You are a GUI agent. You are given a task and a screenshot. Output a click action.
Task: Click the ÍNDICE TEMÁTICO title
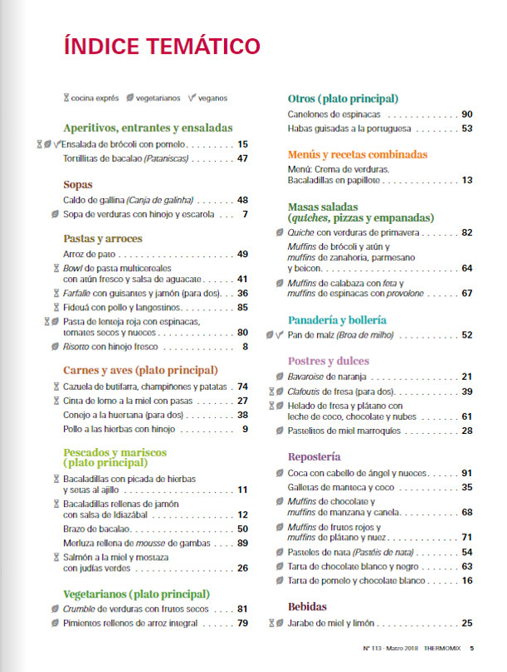tap(161, 45)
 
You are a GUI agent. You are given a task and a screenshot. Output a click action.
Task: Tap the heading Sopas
tap(78, 185)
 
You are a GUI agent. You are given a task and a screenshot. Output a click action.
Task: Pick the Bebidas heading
tap(307, 606)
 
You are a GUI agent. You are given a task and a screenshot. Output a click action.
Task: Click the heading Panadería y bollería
tap(337, 319)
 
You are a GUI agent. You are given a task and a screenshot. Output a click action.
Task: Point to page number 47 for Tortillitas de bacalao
tap(243, 158)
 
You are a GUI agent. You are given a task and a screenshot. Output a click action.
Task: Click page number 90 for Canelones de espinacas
tap(467, 114)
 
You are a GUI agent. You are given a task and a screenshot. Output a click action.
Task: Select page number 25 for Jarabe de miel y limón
tap(467, 623)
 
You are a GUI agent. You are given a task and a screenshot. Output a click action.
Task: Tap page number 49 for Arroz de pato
tap(243, 254)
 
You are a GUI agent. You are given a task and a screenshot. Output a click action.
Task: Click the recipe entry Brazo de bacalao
tap(97, 528)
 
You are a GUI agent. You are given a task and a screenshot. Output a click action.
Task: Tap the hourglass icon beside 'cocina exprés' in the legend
tap(66, 98)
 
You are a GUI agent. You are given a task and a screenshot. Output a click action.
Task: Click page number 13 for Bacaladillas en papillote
tap(467, 180)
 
